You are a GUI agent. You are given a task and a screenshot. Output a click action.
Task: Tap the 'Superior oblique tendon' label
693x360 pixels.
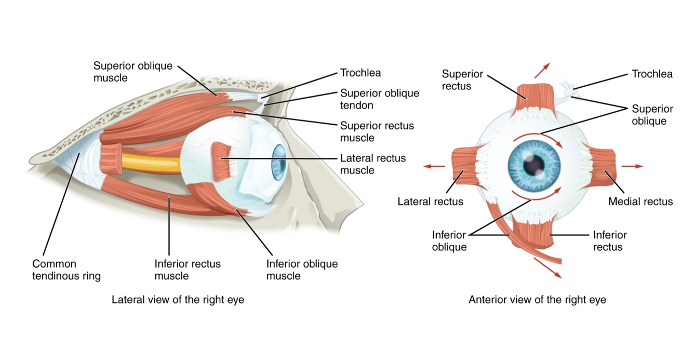click(x=379, y=99)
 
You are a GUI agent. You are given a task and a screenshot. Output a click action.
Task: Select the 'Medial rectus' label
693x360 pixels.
click(x=641, y=202)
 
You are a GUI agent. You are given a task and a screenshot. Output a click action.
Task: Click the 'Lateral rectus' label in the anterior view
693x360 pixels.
click(x=430, y=202)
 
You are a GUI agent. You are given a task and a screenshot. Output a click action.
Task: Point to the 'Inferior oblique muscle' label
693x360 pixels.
click(x=302, y=270)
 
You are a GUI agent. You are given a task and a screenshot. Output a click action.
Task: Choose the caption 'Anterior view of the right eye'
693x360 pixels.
click(x=537, y=300)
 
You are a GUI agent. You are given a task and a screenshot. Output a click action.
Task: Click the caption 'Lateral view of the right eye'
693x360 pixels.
click(x=178, y=300)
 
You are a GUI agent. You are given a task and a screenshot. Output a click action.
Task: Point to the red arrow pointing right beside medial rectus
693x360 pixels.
click(x=632, y=166)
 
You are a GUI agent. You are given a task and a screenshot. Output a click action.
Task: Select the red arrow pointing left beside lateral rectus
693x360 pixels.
click(x=434, y=166)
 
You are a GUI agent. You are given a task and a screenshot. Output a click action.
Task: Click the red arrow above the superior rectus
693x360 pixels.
click(x=542, y=70)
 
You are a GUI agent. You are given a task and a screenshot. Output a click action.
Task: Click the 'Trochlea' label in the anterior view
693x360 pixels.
click(x=652, y=74)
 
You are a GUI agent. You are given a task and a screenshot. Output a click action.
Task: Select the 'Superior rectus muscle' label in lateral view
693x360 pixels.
click(x=377, y=132)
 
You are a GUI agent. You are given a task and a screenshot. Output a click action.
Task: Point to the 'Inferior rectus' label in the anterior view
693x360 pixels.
click(x=610, y=241)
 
